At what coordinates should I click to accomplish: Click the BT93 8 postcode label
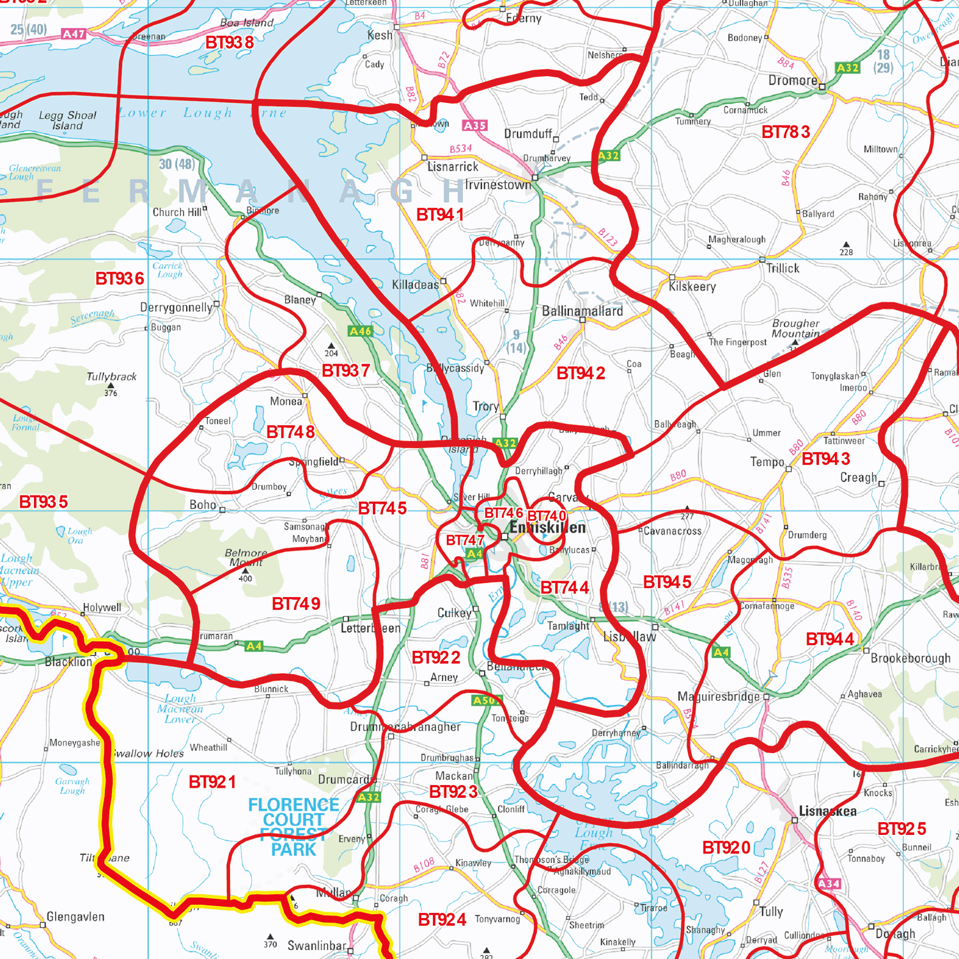click(x=230, y=43)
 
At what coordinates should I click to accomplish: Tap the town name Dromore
click(x=793, y=81)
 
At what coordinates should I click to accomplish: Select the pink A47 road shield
click(x=74, y=34)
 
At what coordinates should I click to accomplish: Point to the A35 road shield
click(x=474, y=126)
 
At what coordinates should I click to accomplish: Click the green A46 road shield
click(x=360, y=331)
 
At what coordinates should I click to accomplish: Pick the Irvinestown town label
click(x=498, y=185)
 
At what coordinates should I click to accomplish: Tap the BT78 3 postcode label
click(x=786, y=132)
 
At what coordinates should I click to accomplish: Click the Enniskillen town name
click(x=547, y=528)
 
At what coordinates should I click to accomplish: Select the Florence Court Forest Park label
click(x=293, y=827)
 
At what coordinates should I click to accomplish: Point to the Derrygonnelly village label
click(x=176, y=308)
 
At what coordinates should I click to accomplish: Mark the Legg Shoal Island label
click(x=68, y=121)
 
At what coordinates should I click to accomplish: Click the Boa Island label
click(x=247, y=23)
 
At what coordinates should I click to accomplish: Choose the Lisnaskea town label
click(x=828, y=811)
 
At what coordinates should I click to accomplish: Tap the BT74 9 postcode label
click(x=296, y=604)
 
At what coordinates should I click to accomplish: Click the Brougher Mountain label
click(x=795, y=329)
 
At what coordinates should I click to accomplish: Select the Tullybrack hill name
click(x=111, y=377)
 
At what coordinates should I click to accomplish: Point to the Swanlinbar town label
click(x=316, y=946)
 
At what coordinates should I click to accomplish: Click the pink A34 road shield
click(x=829, y=884)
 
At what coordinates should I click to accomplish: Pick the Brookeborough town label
click(x=910, y=659)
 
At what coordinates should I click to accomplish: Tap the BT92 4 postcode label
click(x=442, y=919)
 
